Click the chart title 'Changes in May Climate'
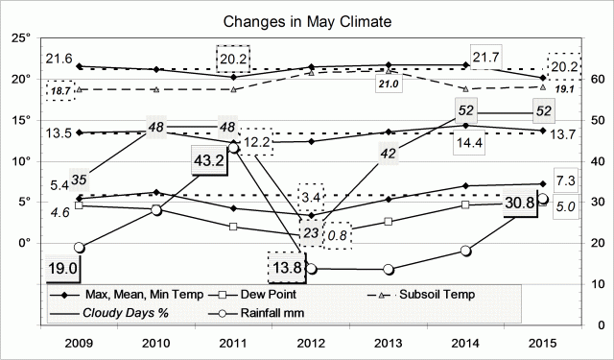(307, 20)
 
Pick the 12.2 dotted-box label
(257, 142)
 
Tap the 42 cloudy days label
(387, 154)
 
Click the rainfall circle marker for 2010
(156, 210)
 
